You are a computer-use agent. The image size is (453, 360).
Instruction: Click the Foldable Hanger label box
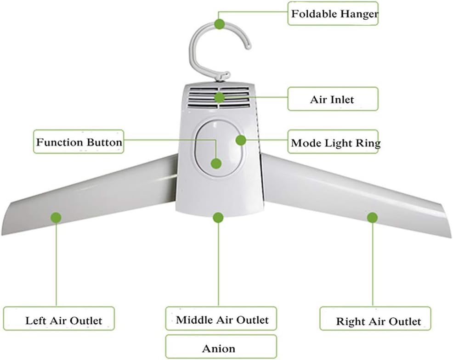click(x=334, y=13)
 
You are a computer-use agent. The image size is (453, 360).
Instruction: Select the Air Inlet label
click(x=333, y=99)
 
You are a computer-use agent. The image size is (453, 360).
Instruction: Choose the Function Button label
click(x=79, y=142)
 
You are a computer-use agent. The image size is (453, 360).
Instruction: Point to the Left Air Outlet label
click(x=58, y=320)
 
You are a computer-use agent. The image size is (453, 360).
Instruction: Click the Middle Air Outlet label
click(x=221, y=320)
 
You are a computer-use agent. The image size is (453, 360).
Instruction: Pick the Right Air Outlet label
click(x=375, y=320)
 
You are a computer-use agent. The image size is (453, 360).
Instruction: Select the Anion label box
click(x=221, y=348)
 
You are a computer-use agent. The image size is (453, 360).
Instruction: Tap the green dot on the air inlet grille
click(x=219, y=97)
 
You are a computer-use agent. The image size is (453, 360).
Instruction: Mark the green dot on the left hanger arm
click(x=56, y=217)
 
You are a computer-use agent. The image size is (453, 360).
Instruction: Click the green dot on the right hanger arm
click(x=372, y=217)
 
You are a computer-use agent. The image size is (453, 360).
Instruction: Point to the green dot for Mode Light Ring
click(x=240, y=140)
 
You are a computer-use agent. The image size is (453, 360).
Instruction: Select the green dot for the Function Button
click(x=216, y=163)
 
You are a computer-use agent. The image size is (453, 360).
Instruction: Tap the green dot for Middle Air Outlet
click(x=219, y=217)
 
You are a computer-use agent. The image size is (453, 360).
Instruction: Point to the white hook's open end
click(x=248, y=45)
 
